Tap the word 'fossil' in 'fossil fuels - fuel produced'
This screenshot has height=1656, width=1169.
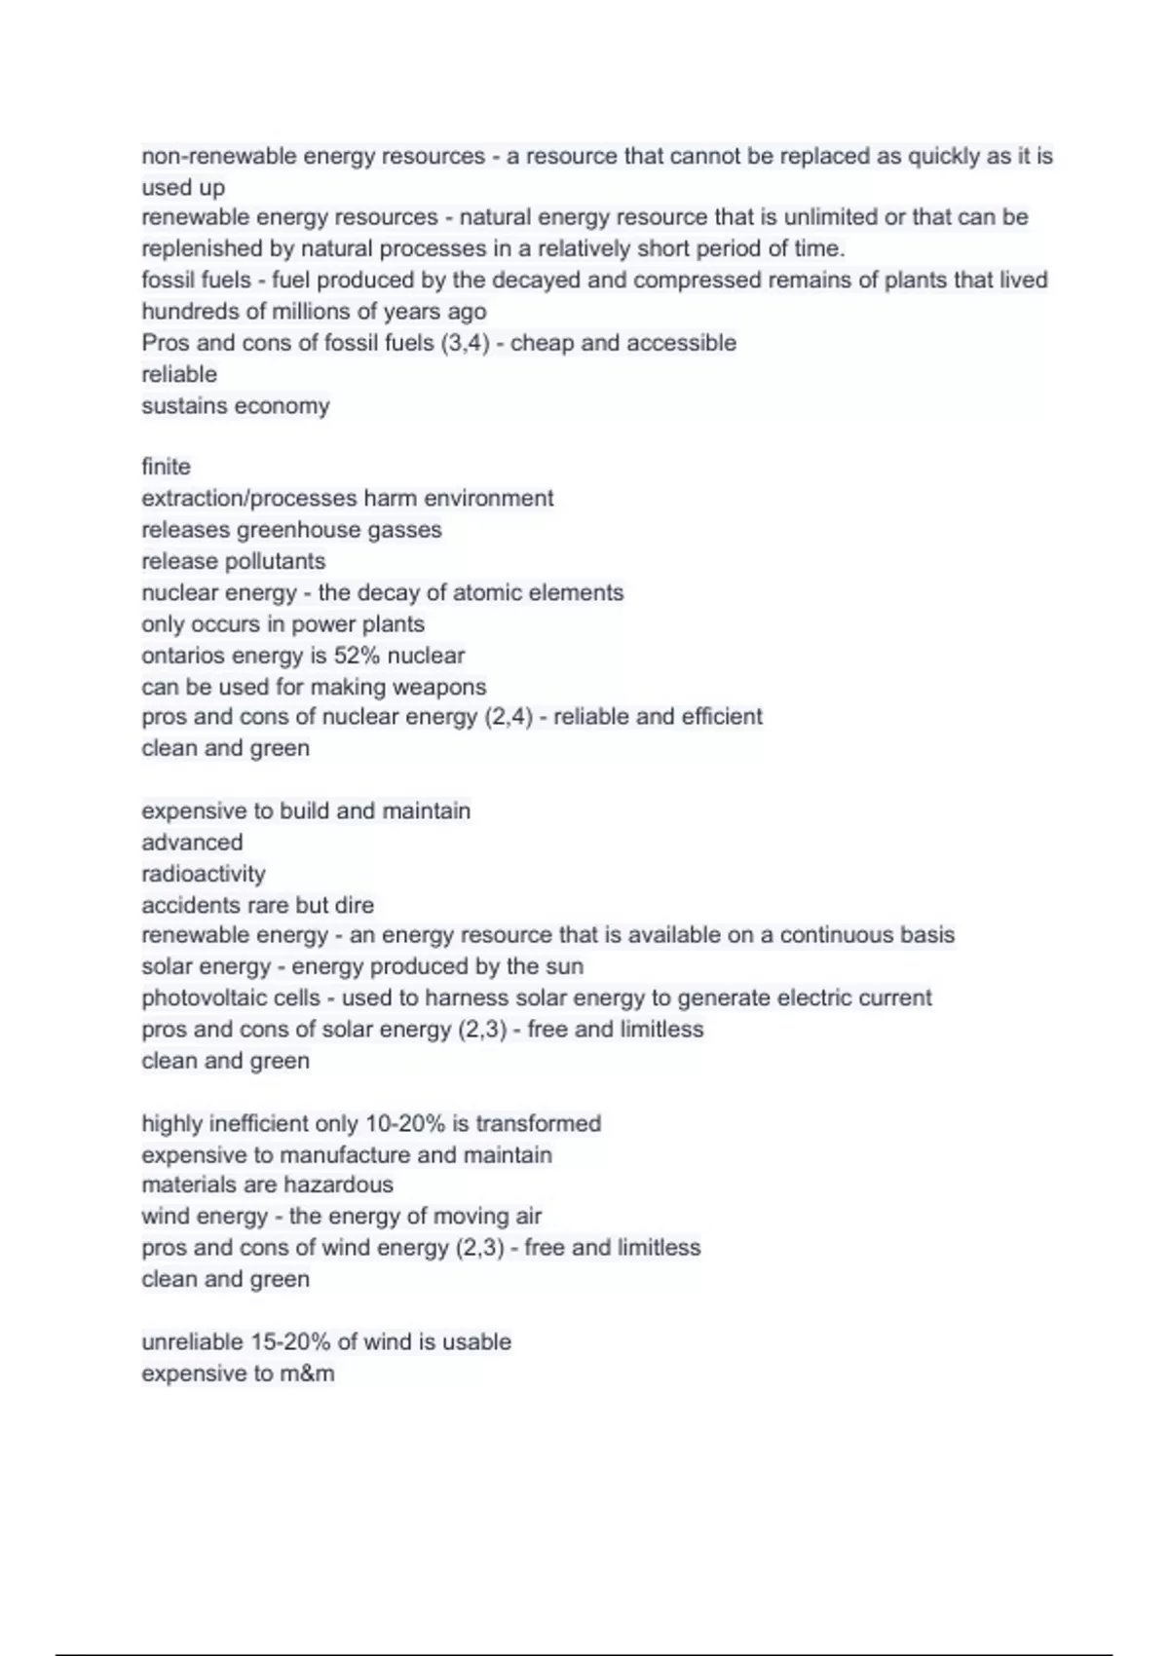pyautogui.click(x=168, y=280)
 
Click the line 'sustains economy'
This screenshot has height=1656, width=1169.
pyautogui.click(x=236, y=405)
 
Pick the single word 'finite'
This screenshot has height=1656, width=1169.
pyautogui.click(x=166, y=467)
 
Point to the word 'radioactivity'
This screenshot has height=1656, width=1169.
pyautogui.click(x=203, y=874)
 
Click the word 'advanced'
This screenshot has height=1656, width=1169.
pyautogui.click(x=192, y=843)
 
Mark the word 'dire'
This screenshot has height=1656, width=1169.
pyautogui.click(x=354, y=905)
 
